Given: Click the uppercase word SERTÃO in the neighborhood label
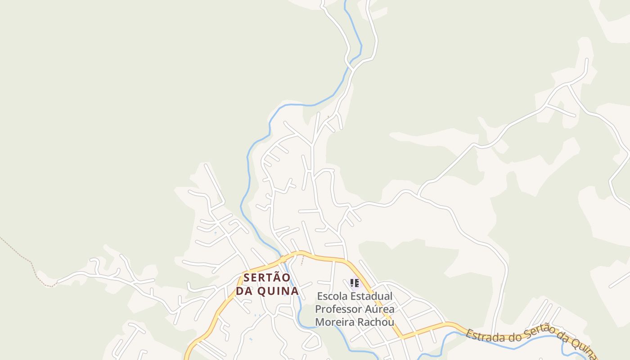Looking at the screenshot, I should click(267, 278).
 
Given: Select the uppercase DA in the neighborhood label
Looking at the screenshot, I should click(244, 291).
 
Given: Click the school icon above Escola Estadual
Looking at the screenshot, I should click(355, 283).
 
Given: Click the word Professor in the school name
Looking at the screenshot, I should click(336, 310).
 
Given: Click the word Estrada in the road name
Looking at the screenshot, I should click(481, 336).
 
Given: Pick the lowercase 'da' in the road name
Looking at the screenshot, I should click(560, 337).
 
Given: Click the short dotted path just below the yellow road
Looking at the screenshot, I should click(302, 261).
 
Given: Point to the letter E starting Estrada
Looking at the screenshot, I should click(469, 333).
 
